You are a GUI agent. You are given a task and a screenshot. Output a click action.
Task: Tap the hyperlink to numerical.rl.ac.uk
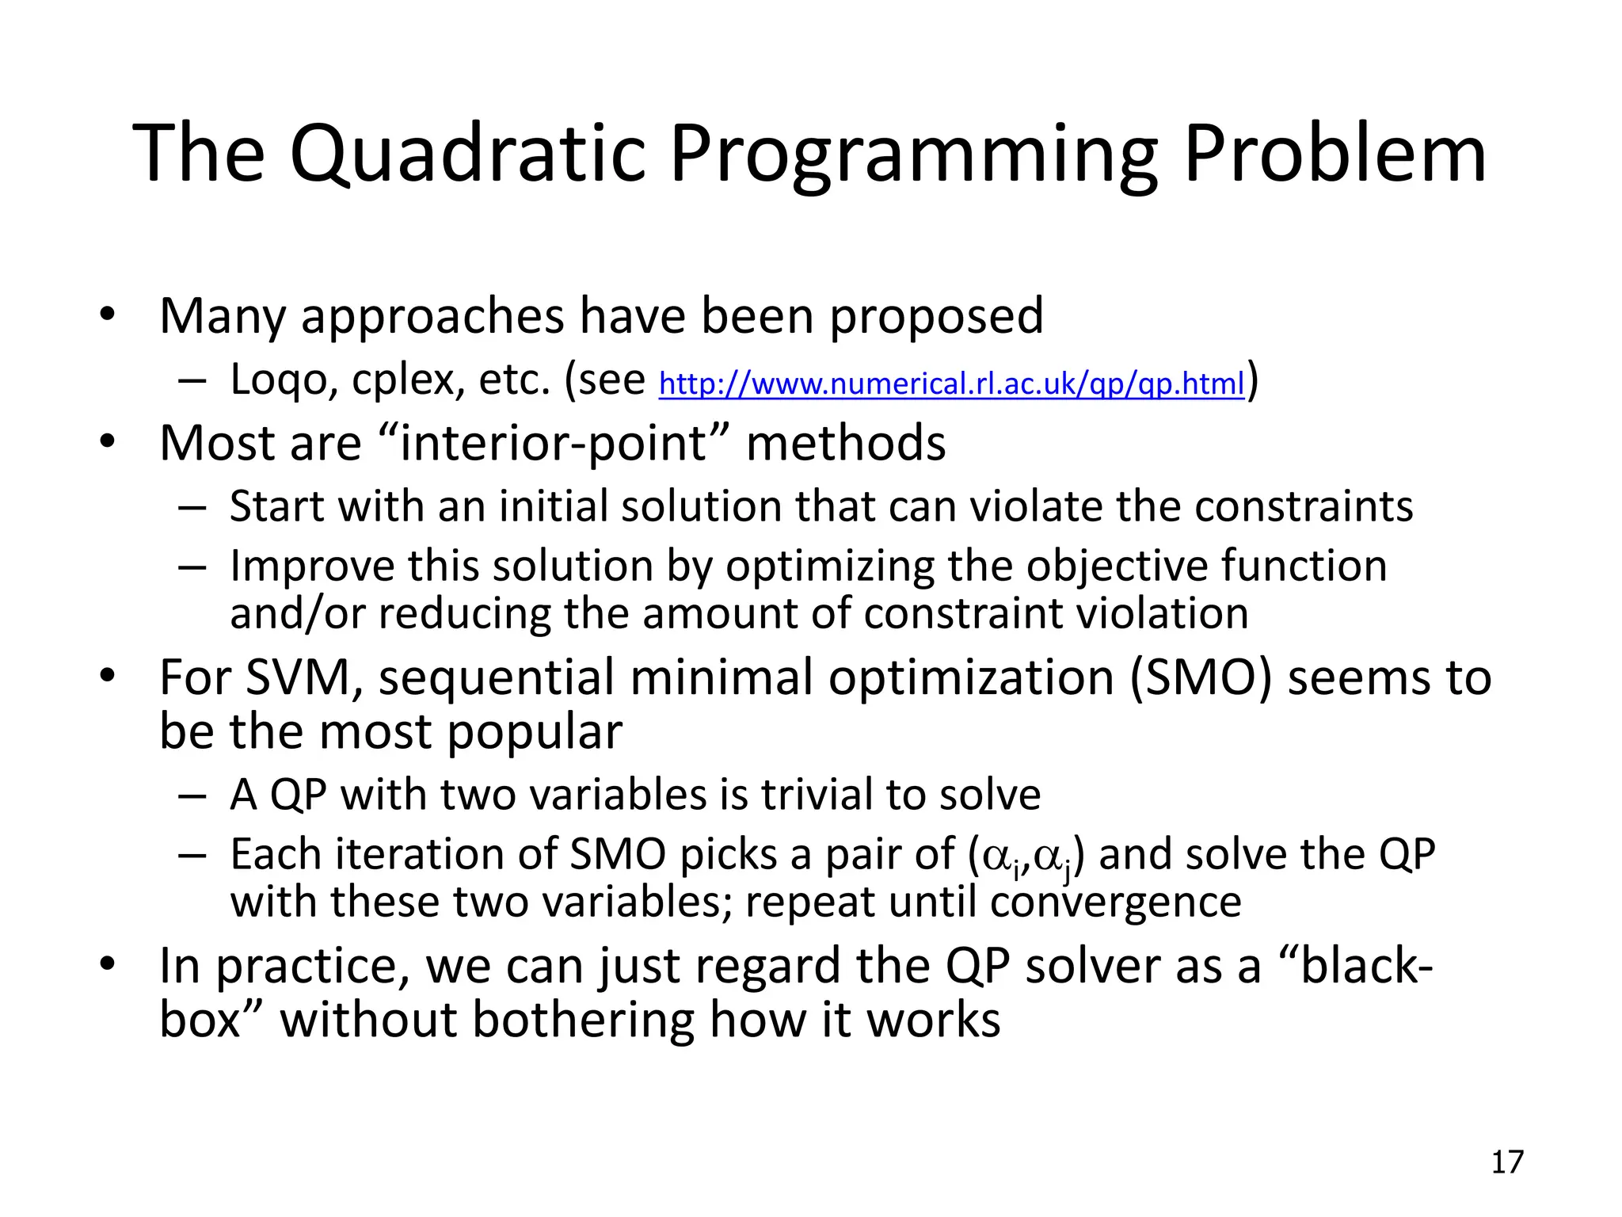[951, 384]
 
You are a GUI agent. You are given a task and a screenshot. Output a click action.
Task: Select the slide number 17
[1507, 1162]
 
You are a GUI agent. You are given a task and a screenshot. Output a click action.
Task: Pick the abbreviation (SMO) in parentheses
[1201, 678]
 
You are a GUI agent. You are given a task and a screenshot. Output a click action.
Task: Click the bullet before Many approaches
[108, 315]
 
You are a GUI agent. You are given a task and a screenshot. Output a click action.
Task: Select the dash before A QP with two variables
[192, 795]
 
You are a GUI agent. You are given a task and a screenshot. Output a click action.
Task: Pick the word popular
[535, 732]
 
